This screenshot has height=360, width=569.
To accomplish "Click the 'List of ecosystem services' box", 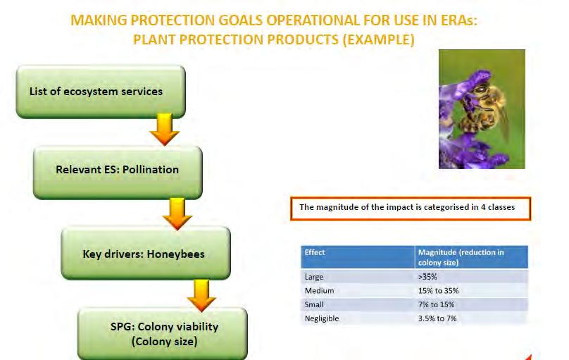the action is (101, 92).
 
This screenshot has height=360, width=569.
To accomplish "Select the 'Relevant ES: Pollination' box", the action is (118, 173).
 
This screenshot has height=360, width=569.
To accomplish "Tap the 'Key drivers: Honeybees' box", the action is (146, 253).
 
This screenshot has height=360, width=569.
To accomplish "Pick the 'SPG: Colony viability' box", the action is (163, 334).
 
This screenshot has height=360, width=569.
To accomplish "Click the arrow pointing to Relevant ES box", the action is (165, 130).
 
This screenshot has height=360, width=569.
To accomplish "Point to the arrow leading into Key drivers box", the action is (177, 213).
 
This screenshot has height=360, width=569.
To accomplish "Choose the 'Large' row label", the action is (314, 277).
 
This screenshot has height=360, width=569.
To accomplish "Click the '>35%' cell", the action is (427, 277).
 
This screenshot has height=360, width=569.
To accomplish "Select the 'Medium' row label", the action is (319, 291).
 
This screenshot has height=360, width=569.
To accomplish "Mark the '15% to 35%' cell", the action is (438, 291).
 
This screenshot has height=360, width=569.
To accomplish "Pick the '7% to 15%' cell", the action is (436, 304).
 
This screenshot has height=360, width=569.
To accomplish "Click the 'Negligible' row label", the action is (322, 318).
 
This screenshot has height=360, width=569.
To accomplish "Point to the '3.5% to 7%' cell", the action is (437, 318).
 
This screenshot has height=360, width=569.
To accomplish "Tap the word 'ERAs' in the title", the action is (459, 20).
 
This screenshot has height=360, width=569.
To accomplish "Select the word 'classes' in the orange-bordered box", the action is (501, 207).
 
